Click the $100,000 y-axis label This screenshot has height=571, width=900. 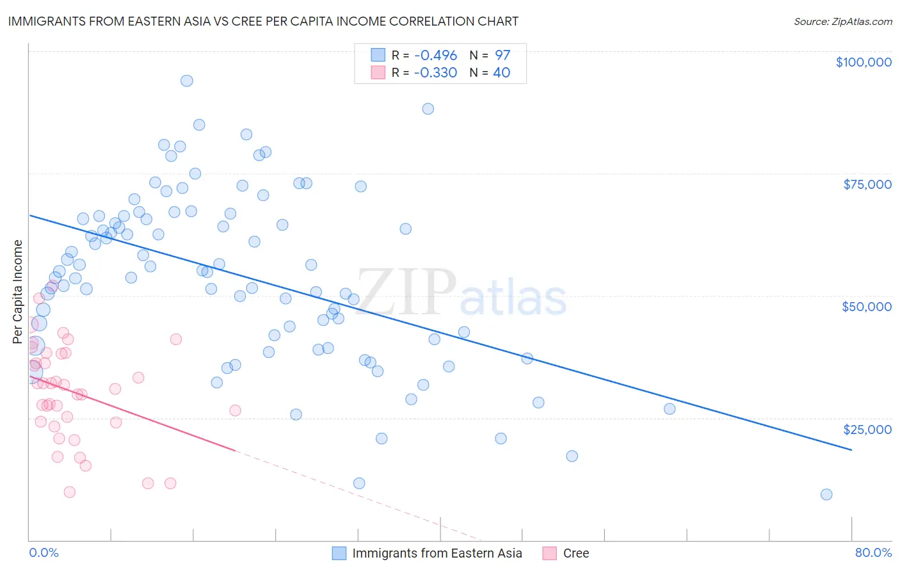coord(863,62)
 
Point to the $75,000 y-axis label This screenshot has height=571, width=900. coord(867,184)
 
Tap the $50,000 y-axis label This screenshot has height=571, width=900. coord(866,307)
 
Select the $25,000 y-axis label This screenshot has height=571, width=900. coord(867,430)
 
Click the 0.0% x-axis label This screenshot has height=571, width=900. coord(44,552)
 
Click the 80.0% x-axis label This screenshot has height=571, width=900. coord(873,552)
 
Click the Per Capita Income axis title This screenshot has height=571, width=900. coord(18,291)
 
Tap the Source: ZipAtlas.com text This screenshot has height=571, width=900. coord(842,21)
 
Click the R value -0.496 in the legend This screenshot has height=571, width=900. coord(435,55)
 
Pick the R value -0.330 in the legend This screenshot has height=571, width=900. coord(435,72)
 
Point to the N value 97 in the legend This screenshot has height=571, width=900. coord(502,55)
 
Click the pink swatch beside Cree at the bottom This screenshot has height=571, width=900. coord(549,553)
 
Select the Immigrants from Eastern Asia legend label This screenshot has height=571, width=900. coord(437,553)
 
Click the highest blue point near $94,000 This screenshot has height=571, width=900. coord(187,81)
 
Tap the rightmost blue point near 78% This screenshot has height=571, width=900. coord(826,494)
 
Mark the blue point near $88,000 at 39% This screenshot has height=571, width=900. coord(428,109)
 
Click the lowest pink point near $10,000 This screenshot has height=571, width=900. coord(70,492)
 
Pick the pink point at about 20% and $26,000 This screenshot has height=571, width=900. coord(235,410)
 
